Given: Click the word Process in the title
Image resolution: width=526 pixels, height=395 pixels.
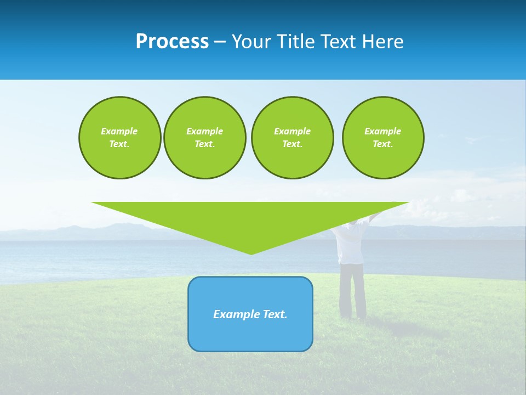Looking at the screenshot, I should click(x=172, y=42).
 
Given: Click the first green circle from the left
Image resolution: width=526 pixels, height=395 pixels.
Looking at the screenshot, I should click(x=119, y=138).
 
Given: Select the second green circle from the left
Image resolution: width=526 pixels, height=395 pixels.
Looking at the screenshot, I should click(x=204, y=138).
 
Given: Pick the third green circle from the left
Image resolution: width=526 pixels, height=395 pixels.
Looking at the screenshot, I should click(x=292, y=138).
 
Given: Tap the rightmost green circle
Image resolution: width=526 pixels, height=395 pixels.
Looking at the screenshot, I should click(x=383, y=138).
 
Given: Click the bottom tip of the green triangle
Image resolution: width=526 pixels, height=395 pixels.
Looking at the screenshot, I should click(x=251, y=253).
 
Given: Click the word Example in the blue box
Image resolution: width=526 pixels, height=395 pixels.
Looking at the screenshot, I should click(x=233, y=314).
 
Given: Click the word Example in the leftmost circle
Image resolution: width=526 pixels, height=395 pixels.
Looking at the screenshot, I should click(x=119, y=131).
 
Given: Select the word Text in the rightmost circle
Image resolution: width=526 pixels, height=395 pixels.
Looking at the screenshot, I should click(x=383, y=144).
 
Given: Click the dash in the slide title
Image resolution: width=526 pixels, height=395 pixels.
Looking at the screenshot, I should click(x=220, y=42).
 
